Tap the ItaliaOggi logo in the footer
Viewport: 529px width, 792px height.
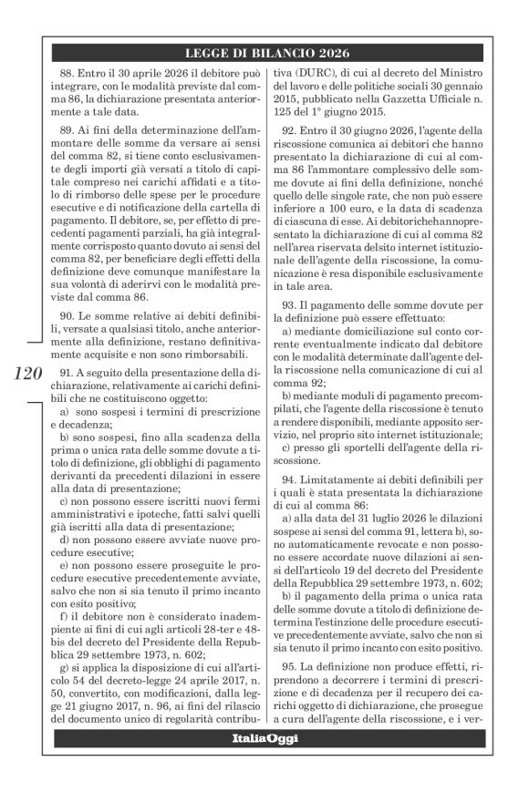click(x=264, y=738)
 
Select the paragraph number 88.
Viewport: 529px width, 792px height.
click(x=65, y=71)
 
